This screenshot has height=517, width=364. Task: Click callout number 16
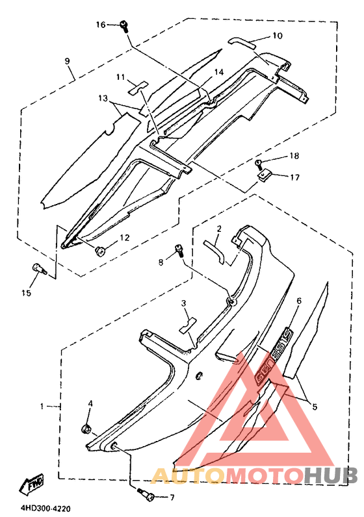[101, 25]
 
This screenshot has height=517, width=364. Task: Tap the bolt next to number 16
[124, 26]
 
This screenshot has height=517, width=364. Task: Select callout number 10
[278, 35]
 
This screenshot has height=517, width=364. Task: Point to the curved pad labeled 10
[242, 42]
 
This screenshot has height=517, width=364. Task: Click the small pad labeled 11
[138, 88]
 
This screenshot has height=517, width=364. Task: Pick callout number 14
[219, 72]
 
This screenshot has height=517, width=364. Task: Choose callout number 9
[68, 61]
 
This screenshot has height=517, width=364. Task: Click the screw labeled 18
[258, 162]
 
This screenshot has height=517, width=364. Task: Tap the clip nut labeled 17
[264, 175]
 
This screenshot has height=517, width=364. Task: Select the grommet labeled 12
[99, 251]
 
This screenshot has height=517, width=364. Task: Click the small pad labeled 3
[187, 325]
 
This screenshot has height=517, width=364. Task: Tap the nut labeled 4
[86, 429]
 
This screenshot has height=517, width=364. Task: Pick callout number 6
[299, 301]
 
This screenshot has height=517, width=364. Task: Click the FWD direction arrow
[32, 485]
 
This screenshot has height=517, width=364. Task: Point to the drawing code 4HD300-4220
[46, 509]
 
